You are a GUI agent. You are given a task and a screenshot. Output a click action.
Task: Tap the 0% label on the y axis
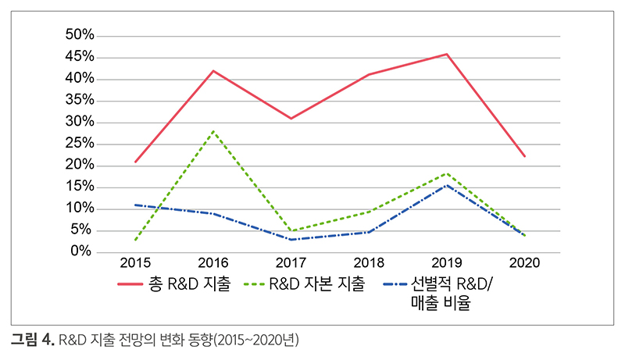tap(81, 251)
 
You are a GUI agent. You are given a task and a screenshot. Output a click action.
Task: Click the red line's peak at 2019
tap(446, 54)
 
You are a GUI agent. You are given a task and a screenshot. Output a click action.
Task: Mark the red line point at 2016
tap(213, 71)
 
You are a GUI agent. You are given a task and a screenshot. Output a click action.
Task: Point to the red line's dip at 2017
tap(291, 118)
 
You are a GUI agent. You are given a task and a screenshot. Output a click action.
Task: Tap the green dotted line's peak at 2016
tap(213, 131)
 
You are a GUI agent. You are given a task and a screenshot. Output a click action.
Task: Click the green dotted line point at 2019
tap(446, 173)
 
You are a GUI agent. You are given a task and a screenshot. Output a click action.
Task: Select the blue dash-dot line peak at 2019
tap(446, 185)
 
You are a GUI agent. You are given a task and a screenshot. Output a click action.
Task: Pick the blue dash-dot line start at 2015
tap(136, 205)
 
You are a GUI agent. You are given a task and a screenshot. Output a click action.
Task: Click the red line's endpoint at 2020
tap(523, 156)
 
